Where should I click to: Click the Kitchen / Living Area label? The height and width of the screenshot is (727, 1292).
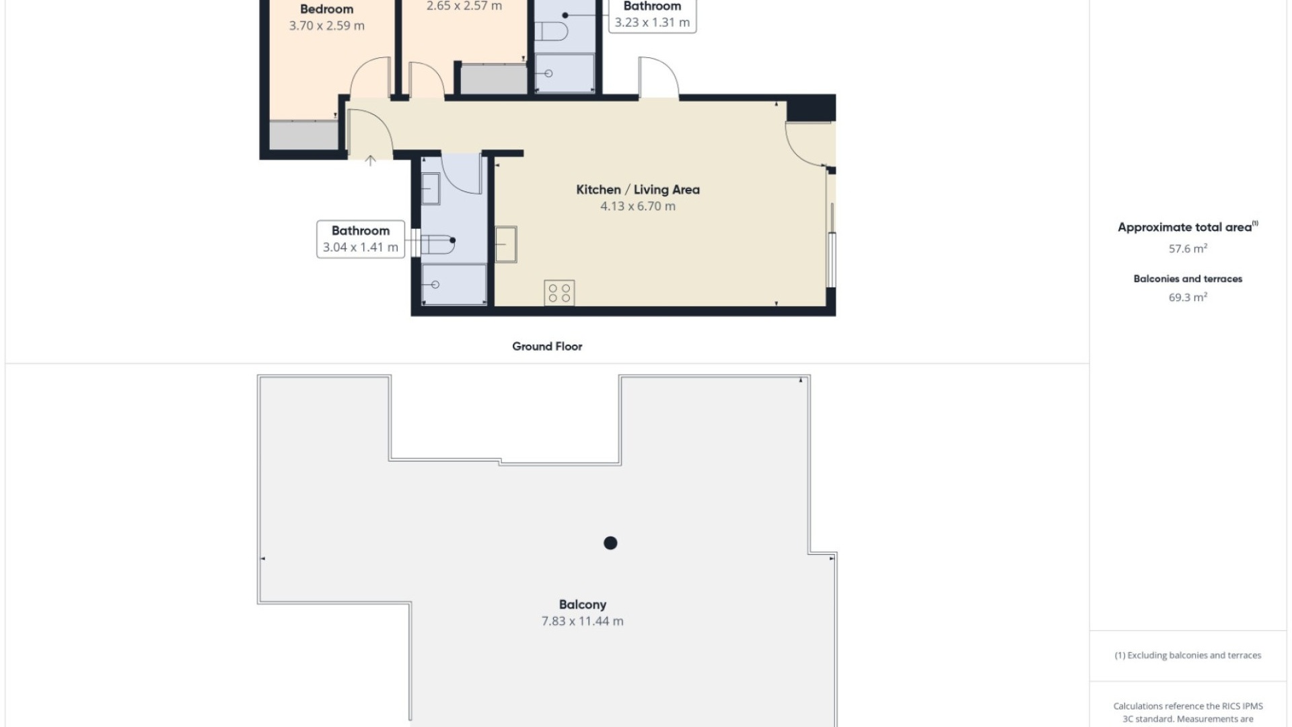coord(637,190)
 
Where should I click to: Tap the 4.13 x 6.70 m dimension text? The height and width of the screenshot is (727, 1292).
coord(637,207)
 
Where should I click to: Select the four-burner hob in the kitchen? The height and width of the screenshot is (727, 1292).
coord(559,293)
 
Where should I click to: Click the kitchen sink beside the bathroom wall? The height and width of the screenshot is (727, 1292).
coord(506,244)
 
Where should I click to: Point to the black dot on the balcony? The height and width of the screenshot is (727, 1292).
coord(610,543)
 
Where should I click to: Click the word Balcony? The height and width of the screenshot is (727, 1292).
coord(582,604)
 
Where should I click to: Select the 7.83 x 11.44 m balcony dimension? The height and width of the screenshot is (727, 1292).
coord(582,621)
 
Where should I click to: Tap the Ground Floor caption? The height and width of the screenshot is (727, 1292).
coord(546,347)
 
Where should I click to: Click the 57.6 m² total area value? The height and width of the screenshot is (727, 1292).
coord(1188,249)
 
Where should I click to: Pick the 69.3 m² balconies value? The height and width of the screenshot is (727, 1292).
coord(1188,298)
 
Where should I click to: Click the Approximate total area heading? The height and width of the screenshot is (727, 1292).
coord(1185,228)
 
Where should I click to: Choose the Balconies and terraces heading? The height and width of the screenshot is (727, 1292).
coord(1188,279)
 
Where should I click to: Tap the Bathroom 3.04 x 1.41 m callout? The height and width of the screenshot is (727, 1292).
coord(361,239)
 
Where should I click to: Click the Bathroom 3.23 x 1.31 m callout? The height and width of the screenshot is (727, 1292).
coord(652,15)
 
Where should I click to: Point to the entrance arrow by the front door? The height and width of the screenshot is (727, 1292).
coord(370,160)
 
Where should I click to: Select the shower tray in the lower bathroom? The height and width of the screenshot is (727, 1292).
coord(454,284)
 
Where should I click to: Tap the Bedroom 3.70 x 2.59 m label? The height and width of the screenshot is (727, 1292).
coord(327,18)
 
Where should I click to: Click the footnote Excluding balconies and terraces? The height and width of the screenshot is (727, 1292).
coord(1188,655)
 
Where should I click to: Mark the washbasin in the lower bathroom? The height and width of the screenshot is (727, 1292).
coord(430,188)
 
